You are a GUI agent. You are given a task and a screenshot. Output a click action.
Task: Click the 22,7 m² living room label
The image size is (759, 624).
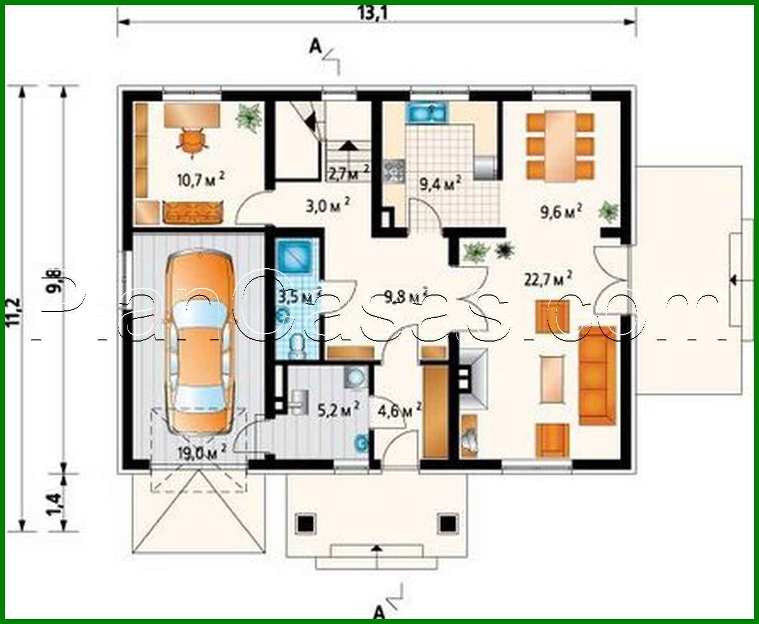pos(547,279)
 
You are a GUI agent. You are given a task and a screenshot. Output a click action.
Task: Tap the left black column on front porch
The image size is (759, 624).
pos(306,521)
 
